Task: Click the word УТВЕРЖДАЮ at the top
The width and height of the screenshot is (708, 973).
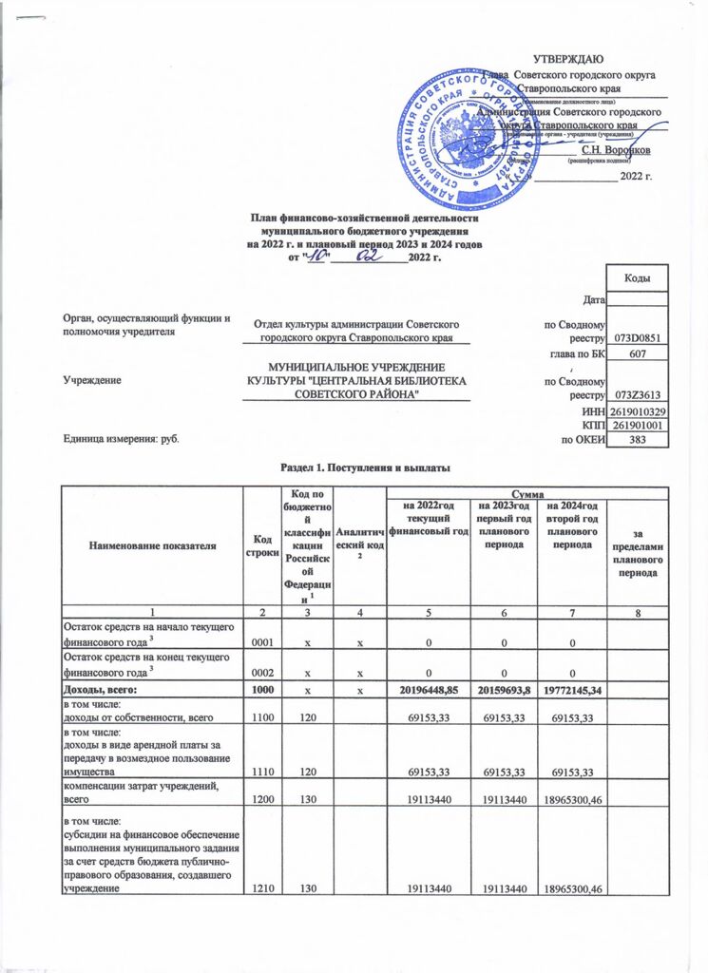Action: click(570, 60)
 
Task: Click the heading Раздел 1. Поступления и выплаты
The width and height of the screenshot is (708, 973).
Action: click(353, 467)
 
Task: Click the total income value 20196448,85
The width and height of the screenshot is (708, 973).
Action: click(429, 686)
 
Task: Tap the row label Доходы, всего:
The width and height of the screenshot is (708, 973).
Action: click(102, 686)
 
